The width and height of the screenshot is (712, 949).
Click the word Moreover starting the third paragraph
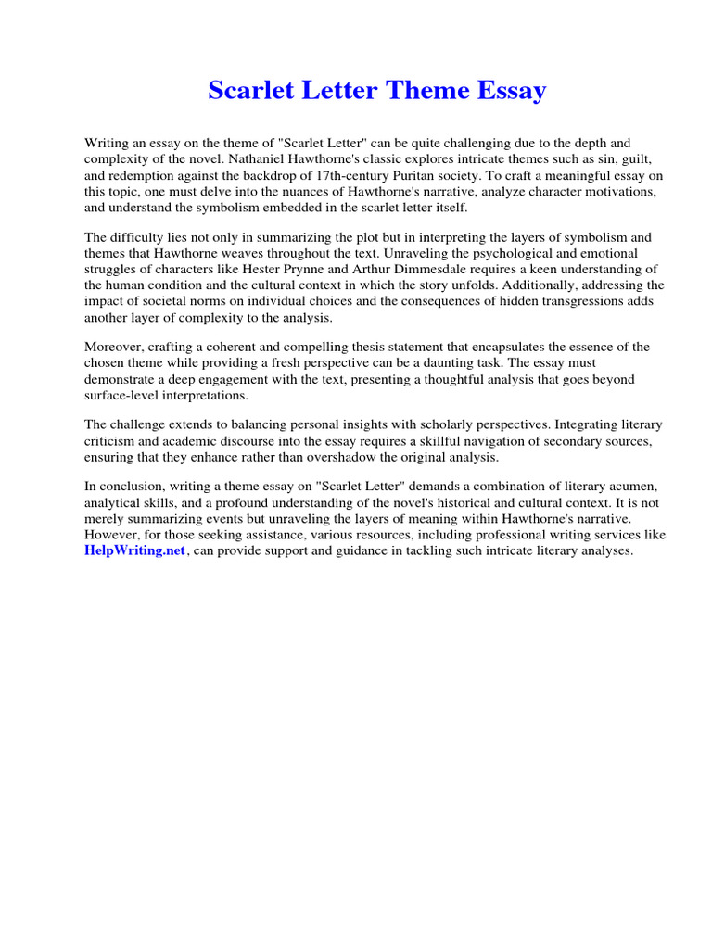click(115, 347)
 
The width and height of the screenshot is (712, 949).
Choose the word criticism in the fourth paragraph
click(113, 440)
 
